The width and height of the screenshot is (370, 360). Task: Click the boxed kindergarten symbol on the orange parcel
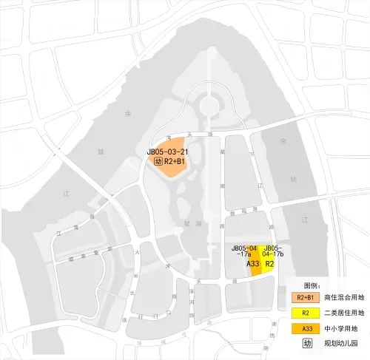click(x=158, y=160)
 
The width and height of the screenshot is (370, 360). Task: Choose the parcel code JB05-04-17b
click(x=273, y=251)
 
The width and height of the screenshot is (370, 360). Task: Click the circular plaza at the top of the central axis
click(x=209, y=103)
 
